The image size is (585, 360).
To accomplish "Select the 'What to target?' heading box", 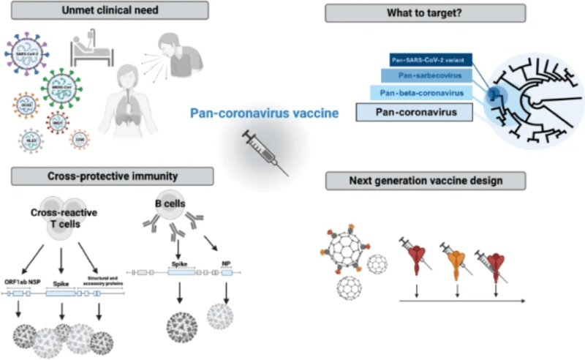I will (425, 13).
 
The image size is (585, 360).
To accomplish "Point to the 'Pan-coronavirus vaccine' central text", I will (254, 113).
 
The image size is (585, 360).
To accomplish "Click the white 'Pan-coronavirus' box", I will (414, 112).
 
